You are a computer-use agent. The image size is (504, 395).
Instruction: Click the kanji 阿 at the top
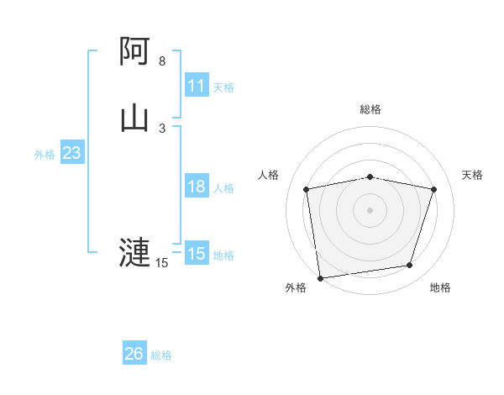tap(135, 53)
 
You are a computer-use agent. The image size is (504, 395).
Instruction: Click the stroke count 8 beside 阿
tap(162, 61)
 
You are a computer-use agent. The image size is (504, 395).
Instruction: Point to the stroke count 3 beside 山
tap(162, 128)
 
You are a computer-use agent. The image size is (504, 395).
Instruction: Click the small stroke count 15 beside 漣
tap(162, 263)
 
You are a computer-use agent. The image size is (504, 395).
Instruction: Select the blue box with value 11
tap(197, 86)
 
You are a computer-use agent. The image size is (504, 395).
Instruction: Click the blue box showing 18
tap(197, 187)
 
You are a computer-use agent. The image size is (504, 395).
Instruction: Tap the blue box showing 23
tap(72, 153)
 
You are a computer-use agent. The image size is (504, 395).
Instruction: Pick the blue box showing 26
tap(134, 354)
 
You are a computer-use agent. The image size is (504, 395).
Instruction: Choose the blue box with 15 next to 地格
tap(197, 254)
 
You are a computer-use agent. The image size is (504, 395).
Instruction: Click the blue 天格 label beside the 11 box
tap(223, 87)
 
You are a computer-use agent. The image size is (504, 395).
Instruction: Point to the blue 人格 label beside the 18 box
tap(223, 187)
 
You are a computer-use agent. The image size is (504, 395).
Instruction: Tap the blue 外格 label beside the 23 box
tap(45, 154)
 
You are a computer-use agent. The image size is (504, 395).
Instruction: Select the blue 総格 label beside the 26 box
tap(161, 355)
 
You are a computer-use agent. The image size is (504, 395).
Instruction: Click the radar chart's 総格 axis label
tap(370, 109)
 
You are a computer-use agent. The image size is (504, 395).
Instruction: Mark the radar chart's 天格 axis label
tap(472, 175)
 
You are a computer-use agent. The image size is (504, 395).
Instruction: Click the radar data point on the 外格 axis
tap(320, 277)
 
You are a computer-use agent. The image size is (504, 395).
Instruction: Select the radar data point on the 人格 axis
tap(306, 189)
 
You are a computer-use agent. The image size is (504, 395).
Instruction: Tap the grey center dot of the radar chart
tap(370, 209)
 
